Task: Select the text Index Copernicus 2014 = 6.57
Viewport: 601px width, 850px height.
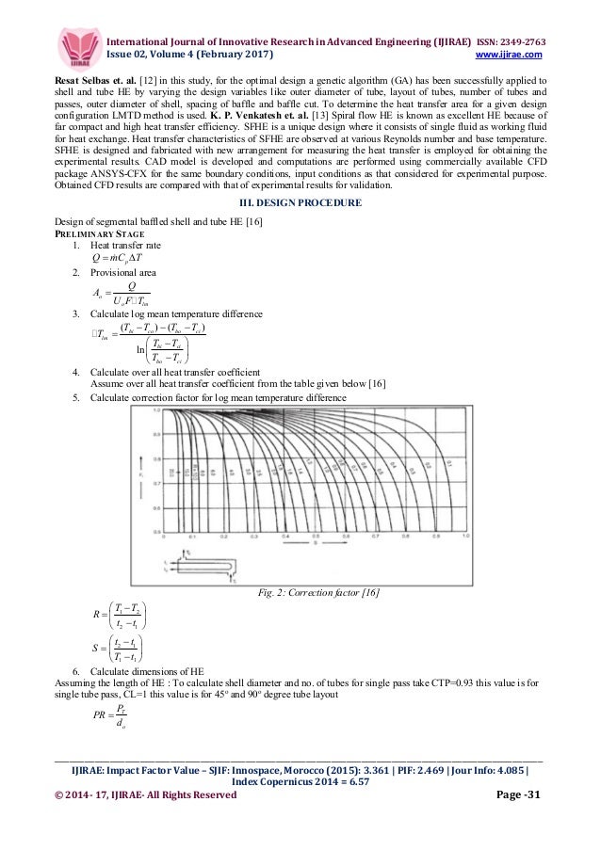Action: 300,779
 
